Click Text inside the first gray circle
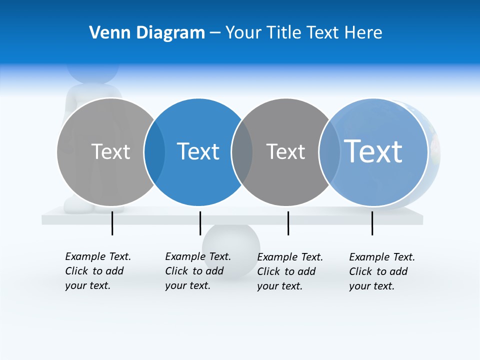pyautogui.click(x=110, y=151)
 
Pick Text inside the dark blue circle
pyautogui.click(x=198, y=151)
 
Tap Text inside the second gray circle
pyautogui.click(x=285, y=151)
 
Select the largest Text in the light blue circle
pyautogui.click(x=373, y=151)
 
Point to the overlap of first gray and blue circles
pyautogui.click(x=154, y=151)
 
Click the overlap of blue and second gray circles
pyautogui.click(x=242, y=151)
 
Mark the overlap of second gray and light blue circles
pyautogui.click(x=329, y=151)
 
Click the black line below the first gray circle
pyautogui.click(x=112, y=223)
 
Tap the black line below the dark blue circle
pyautogui.click(x=200, y=223)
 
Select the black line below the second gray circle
pyautogui.click(x=288, y=223)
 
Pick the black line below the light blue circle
pyautogui.click(x=372, y=223)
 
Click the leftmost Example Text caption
pyautogui.click(x=97, y=271)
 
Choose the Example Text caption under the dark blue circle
pyautogui.click(x=197, y=271)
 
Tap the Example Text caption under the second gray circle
pyautogui.click(x=289, y=271)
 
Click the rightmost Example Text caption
pyautogui.click(x=381, y=271)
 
